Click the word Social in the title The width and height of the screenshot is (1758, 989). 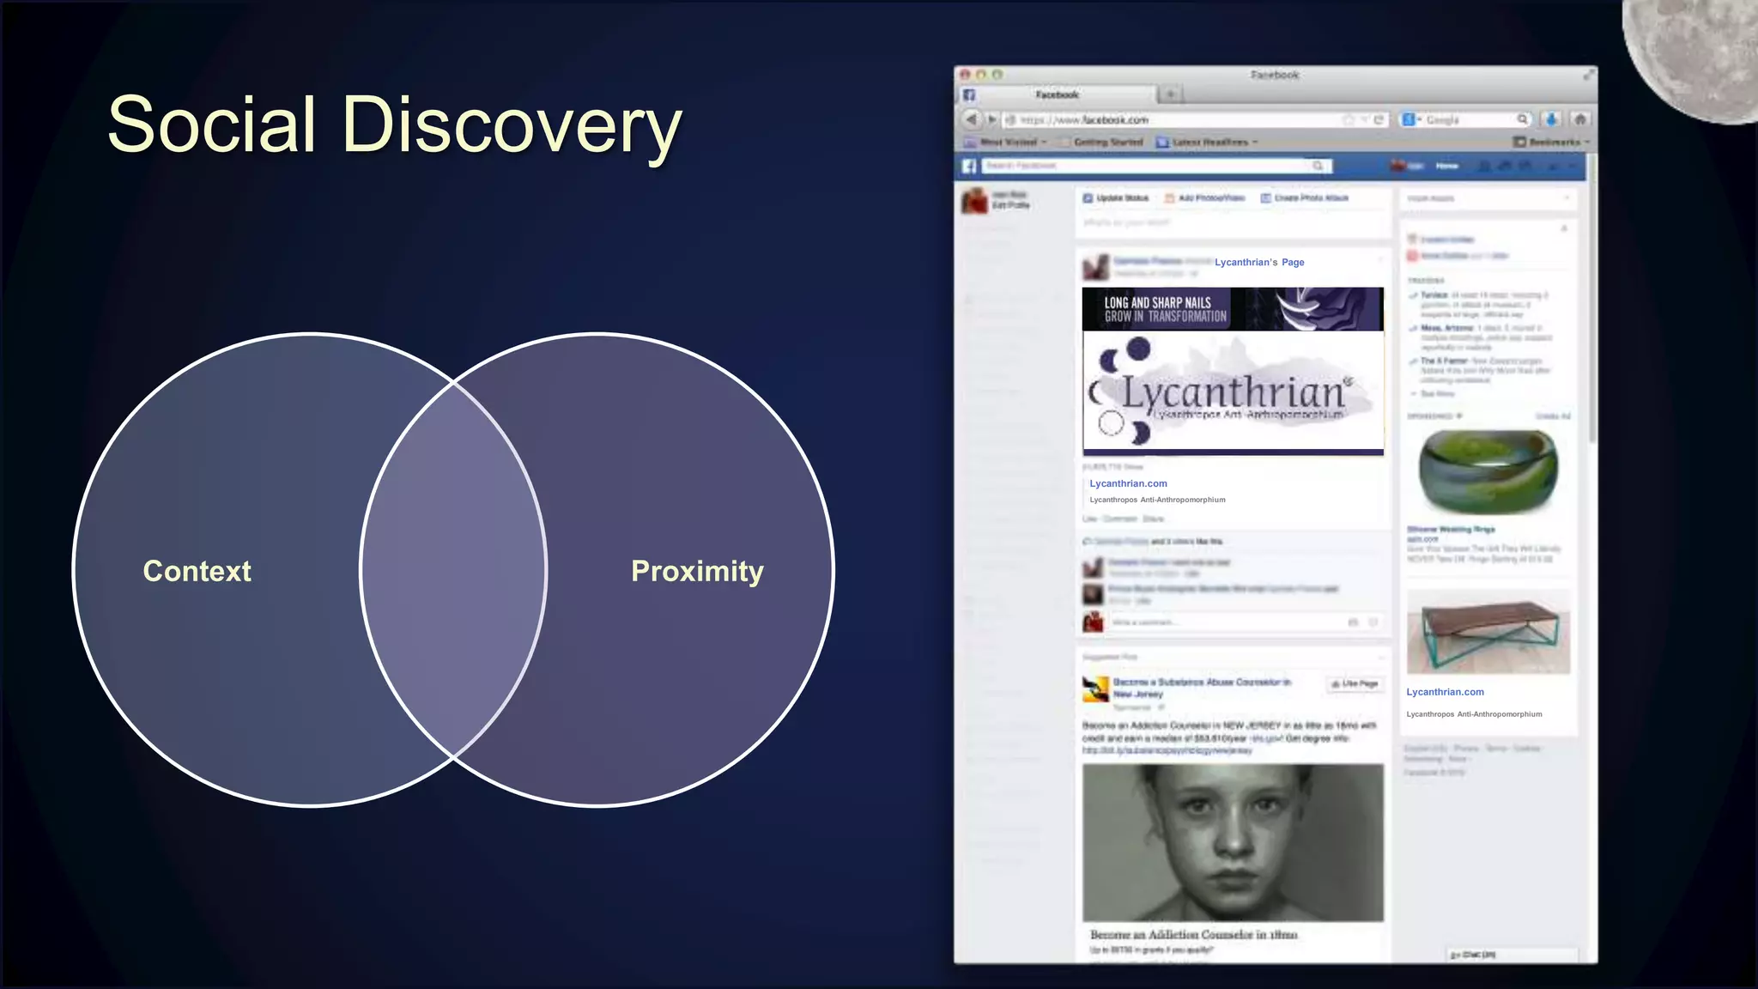point(212,125)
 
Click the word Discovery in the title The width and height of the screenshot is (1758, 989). point(512,127)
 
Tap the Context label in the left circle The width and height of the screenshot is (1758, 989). point(197,571)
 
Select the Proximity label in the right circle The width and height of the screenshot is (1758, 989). point(697,571)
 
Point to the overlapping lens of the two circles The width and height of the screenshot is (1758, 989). point(454,570)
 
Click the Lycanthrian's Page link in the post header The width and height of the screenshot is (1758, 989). point(1258,263)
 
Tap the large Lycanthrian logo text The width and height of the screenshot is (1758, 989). point(1233,393)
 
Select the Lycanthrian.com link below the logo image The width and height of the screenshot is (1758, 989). point(1128,484)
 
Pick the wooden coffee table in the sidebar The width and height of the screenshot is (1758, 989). point(1488,632)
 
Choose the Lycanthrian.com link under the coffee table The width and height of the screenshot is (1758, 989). point(1445,692)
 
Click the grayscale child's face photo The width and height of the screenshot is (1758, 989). point(1233,842)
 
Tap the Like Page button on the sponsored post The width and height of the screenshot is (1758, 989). point(1355,684)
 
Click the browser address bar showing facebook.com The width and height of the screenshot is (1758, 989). point(1176,120)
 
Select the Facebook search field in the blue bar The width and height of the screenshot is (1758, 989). point(1150,166)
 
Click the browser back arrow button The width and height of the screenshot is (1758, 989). point(971,119)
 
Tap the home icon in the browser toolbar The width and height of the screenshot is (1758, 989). point(1580,119)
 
